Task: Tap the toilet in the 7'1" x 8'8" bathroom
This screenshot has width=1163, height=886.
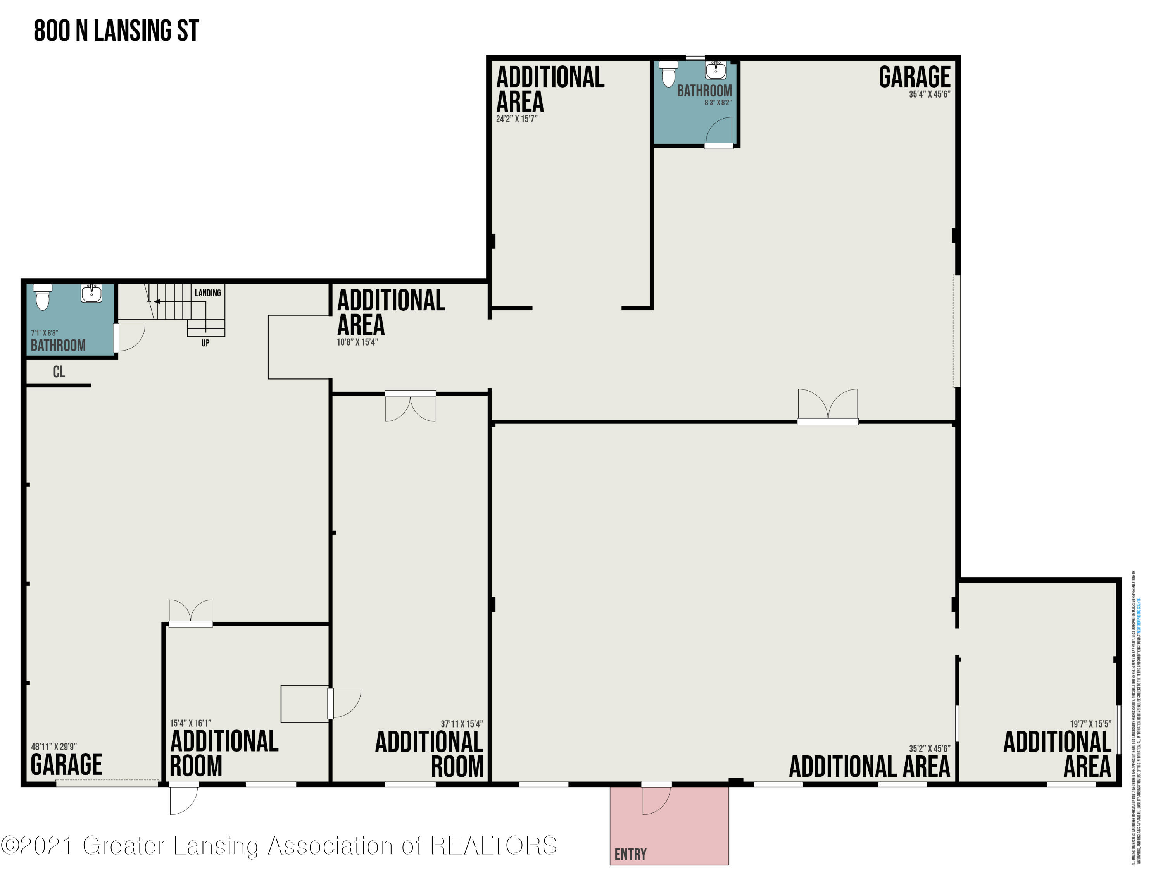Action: coord(42,298)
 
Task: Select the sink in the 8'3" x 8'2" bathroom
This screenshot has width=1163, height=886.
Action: coord(716,70)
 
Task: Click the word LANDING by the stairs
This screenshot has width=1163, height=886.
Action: coord(207,293)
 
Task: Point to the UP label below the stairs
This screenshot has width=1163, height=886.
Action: coord(205,343)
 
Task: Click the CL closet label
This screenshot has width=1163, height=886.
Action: coord(59,372)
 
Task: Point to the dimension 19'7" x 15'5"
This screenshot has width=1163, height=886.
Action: coord(1090,724)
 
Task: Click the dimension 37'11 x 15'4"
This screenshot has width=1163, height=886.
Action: coord(462,724)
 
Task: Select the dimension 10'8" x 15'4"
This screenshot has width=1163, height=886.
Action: coord(357,342)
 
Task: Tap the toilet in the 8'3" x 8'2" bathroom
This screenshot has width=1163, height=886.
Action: coord(669,74)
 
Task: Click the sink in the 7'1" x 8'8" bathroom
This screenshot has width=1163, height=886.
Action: coord(91,293)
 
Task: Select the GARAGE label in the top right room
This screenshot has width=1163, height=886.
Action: coord(915,77)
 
